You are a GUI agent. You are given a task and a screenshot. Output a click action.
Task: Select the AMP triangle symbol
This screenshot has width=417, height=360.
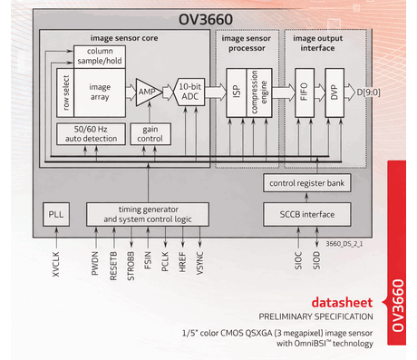pos(145,93)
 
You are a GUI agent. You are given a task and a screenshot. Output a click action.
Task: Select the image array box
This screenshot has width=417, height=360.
pos(100,92)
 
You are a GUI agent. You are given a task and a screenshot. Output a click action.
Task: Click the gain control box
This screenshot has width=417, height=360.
pos(149,133)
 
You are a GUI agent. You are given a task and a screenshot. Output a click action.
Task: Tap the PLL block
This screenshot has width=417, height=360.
pos(56,215)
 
